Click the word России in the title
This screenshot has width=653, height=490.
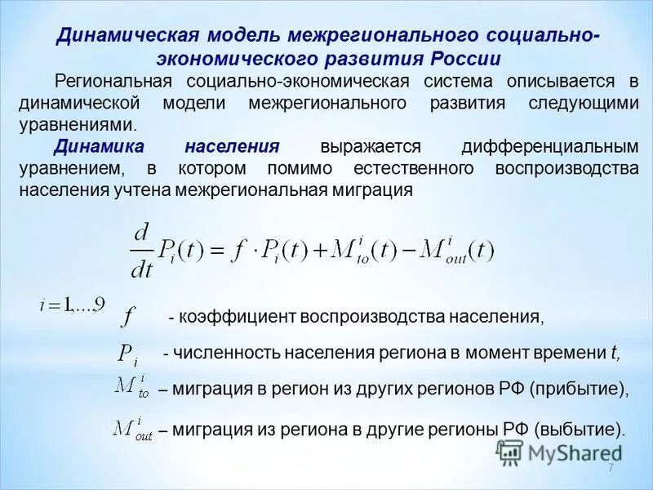pos(457,60)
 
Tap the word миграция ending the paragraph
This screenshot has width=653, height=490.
pos(371,189)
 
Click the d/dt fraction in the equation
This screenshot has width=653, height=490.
pos(143,250)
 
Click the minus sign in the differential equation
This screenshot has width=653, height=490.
pos(402,251)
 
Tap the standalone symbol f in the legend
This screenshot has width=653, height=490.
pos(129,316)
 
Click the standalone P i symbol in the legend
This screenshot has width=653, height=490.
pos(127,354)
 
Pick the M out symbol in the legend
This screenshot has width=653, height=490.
pos(133,429)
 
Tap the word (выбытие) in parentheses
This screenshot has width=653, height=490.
pos(580,430)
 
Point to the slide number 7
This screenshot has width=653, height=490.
pos(610,466)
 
